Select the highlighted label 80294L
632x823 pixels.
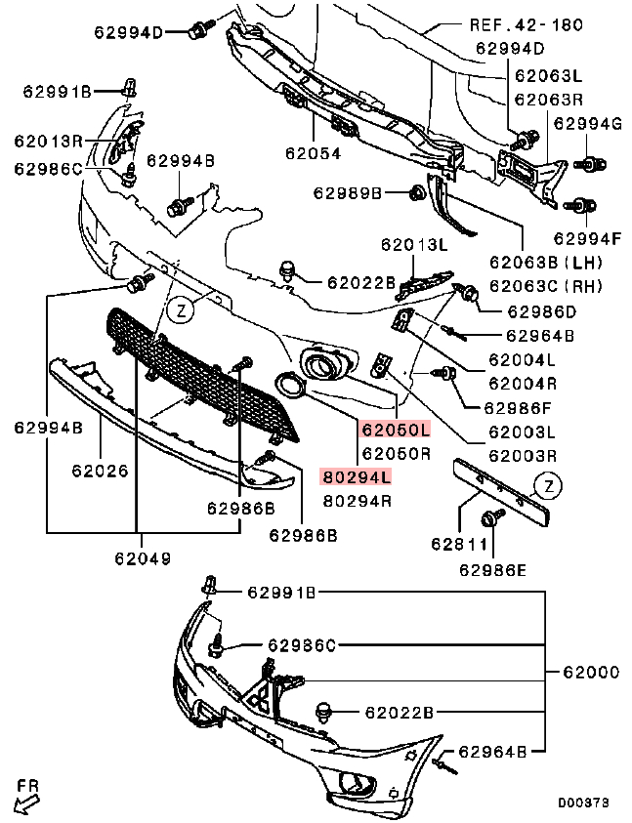tap(357, 477)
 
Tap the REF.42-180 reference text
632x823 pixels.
tap(527, 24)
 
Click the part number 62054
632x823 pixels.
tap(314, 152)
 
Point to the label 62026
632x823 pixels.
tap(100, 471)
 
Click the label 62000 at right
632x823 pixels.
tap(591, 672)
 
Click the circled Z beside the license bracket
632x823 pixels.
tap(549, 485)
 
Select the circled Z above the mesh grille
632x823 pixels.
tap(179, 310)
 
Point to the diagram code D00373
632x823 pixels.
tap(583, 802)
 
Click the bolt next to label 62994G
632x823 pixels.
tap(589, 162)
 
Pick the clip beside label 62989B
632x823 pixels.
tap(415, 193)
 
